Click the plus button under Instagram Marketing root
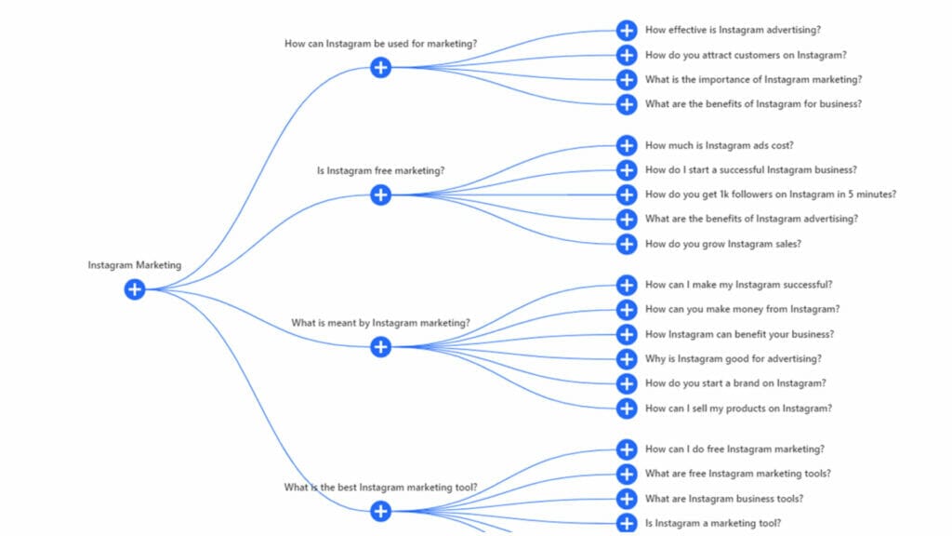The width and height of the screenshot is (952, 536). [135, 289]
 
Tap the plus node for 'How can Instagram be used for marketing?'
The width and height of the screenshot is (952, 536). [380, 67]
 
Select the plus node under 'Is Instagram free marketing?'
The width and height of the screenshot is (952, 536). [380, 194]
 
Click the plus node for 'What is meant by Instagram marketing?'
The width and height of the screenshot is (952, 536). [380, 347]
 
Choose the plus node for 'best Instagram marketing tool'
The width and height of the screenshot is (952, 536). [380, 511]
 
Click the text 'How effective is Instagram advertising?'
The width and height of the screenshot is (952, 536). [733, 30]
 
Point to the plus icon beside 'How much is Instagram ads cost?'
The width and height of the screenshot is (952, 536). [627, 145]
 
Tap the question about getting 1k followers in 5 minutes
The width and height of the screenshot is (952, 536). [770, 194]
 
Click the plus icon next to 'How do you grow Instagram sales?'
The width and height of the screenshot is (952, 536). [627, 244]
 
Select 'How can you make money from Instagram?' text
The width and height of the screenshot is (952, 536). [742, 309]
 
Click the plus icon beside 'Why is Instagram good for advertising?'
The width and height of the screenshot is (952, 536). [627, 358]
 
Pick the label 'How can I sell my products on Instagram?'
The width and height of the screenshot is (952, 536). [738, 408]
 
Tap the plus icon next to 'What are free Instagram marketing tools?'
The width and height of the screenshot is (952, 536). [627, 474]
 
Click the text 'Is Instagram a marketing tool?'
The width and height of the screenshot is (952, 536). [712, 523]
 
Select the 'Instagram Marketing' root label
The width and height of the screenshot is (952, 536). [135, 265]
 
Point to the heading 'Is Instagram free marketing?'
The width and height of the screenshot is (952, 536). [380, 171]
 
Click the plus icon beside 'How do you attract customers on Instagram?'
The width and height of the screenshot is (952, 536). [627, 55]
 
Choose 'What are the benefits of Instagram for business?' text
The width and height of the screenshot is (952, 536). [753, 104]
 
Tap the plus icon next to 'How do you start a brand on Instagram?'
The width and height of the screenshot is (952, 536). [627, 383]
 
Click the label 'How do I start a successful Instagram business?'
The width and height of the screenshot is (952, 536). [750, 170]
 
